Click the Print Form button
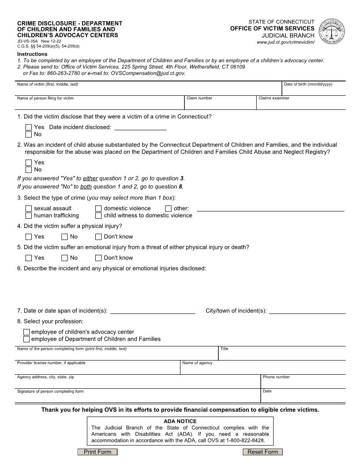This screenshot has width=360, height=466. (x=97, y=452)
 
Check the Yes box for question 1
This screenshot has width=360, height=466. (x=29, y=128)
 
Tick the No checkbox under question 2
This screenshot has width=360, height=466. (x=29, y=169)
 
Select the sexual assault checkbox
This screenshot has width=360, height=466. (x=29, y=209)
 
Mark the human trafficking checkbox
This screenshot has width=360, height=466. (x=29, y=216)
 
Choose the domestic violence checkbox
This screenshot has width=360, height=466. (x=98, y=209)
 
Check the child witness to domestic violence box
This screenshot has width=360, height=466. (x=98, y=216)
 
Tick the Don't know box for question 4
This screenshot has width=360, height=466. (x=98, y=237)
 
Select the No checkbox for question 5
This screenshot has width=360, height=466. (x=64, y=258)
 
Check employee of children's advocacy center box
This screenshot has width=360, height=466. (x=26, y=332)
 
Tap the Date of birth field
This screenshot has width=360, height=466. (x=313, y=90)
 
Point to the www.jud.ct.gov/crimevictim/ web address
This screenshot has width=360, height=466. (x=285, y=42)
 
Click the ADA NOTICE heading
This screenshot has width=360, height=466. (x=180, y=421)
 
